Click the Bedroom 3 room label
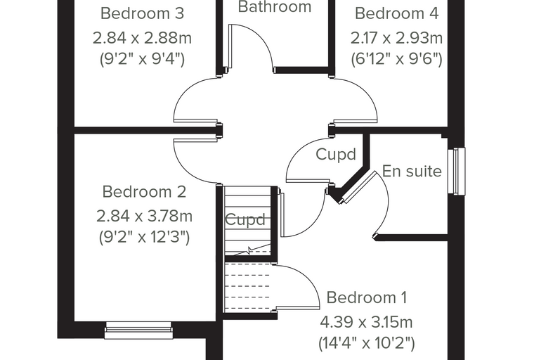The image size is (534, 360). tap(143, 13)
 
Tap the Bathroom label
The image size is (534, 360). tap(275, 6)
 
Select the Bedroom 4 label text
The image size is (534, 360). tap(397, 13)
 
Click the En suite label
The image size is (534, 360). tap(412, 171)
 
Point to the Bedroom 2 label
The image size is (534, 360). tap(144, 191)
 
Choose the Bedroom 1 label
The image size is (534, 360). tap(367, 297)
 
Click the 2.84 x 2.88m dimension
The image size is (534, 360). tap(142, 38)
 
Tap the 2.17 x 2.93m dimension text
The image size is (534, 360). tap(397, 38)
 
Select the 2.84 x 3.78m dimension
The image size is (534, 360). tap(145, 216)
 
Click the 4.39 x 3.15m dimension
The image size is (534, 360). tap(366, 322)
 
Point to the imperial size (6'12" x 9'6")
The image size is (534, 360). tap(397, 59)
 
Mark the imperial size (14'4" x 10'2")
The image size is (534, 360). tap(367, 343)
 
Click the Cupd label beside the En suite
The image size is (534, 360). tap(336, 155)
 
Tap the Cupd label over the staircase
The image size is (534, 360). tap(245, 219)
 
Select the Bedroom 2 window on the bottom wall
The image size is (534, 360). tap(138, 330)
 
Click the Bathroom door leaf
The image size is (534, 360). tap(230, 46)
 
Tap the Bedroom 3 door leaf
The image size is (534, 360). tap(195, 121)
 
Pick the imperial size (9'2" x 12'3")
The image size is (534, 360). tap(145, 237)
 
